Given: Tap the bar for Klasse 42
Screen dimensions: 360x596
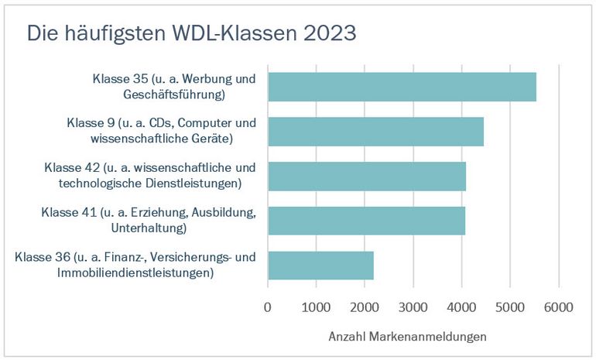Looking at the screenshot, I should tap(367, 176).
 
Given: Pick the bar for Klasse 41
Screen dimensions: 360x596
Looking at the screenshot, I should tap(366, 220).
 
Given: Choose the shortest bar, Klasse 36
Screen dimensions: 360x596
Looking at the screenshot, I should tap(320, 265).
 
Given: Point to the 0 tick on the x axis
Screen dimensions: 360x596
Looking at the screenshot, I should tap(268, 307).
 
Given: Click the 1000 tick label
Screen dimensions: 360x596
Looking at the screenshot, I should tap(316, 307).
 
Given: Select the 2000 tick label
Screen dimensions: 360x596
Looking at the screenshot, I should tap(365, 307).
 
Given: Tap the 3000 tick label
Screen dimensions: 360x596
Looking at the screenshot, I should tap(413, 307).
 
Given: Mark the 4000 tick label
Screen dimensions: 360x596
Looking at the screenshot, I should tap(461, 307).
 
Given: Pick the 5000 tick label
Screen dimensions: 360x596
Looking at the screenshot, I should tap(509, 307).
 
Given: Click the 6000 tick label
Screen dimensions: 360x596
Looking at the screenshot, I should tap(558, 307).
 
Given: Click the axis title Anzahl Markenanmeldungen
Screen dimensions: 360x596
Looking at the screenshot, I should tap(407, 337).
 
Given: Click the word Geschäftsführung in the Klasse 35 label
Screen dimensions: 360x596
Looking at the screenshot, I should tap(173, 95).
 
